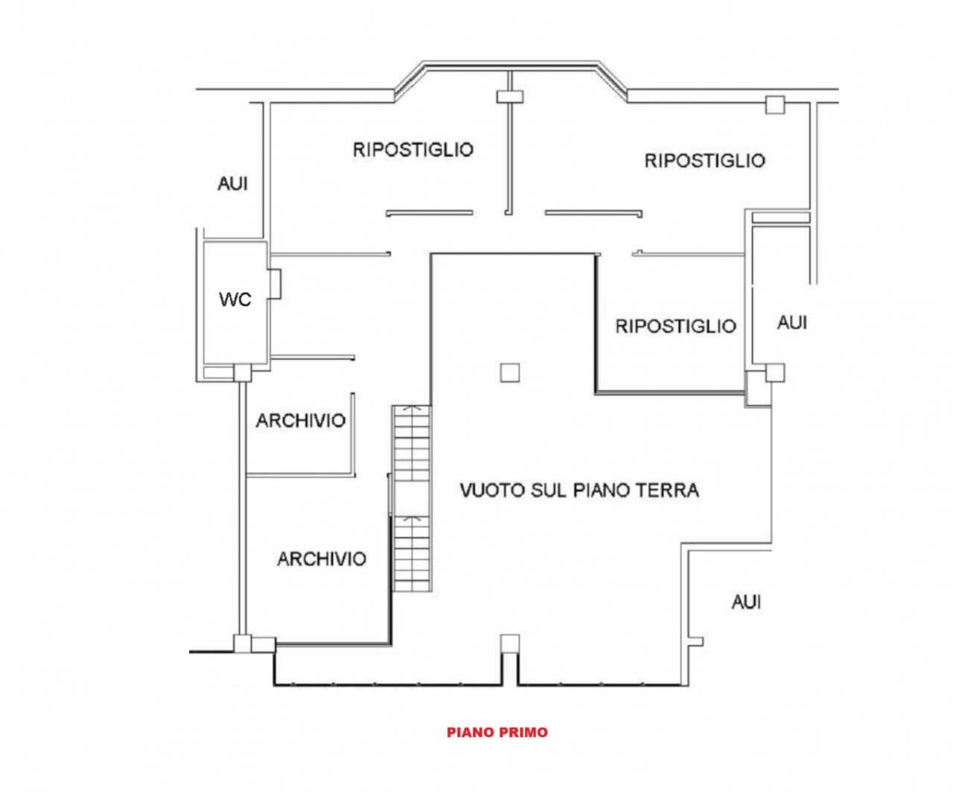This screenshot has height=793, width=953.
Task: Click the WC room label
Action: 235,299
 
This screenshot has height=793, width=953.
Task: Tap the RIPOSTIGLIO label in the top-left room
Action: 413,150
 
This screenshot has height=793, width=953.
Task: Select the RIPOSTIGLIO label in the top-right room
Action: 705,161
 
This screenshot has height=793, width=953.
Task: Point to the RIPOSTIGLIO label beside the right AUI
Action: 676,326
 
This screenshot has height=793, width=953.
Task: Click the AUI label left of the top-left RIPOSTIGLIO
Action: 233,184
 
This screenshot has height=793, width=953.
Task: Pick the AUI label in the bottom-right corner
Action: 746,602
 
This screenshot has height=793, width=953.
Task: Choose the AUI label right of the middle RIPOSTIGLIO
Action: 792,323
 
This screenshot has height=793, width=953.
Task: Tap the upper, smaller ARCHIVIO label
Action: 301,421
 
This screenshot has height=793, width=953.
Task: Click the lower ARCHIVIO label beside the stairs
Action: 322,559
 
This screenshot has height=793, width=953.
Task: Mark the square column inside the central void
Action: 510,372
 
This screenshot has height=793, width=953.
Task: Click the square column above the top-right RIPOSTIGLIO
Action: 775,105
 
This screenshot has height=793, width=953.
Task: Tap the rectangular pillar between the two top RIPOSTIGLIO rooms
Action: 510,97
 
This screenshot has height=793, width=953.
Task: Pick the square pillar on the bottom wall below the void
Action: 510,644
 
